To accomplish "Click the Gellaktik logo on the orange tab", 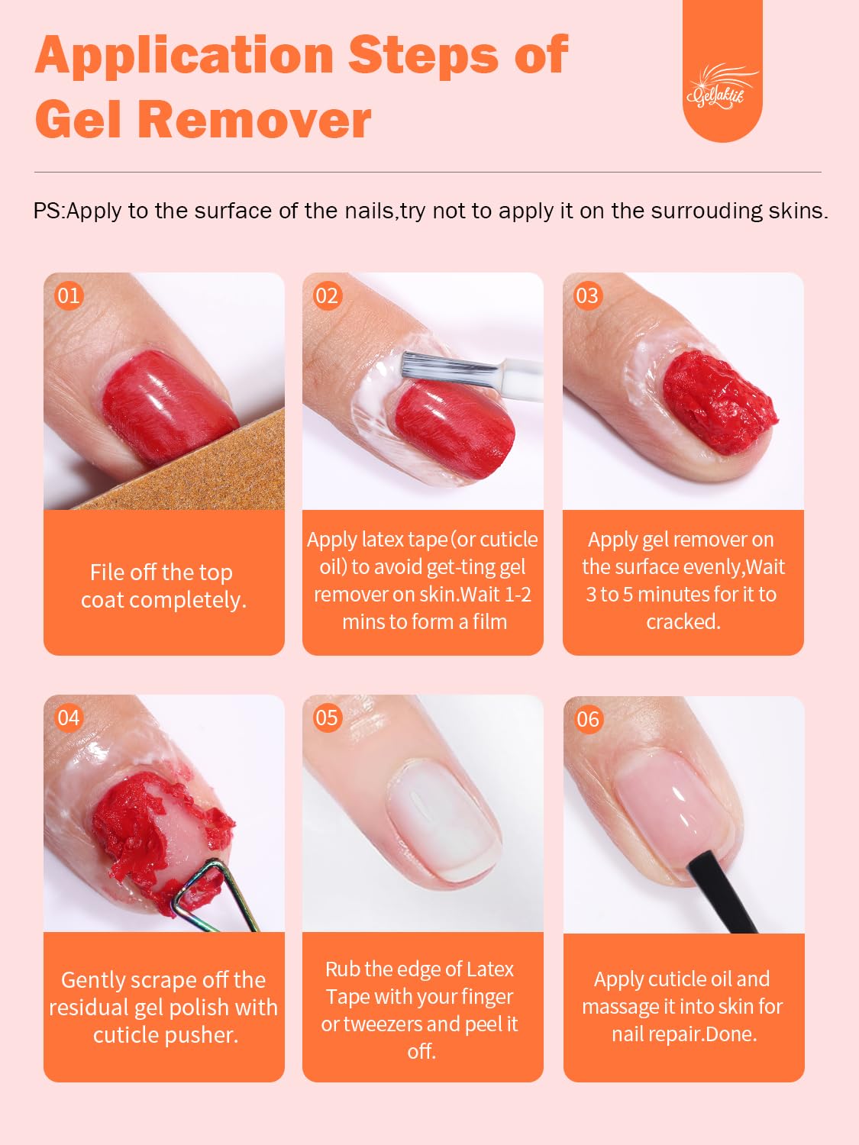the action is [722, 87].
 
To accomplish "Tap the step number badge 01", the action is [69, 295].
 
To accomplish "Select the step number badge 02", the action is [328, 295].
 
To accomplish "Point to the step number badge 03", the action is [588, 295].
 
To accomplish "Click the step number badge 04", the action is [69, 718].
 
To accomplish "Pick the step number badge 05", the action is [328, 718].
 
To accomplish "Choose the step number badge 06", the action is [588, 719].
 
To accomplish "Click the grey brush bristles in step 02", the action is [450, 366].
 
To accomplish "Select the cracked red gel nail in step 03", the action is [720, 402].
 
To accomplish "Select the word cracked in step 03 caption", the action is [683, 622].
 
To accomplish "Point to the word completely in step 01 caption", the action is [188, 601].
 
